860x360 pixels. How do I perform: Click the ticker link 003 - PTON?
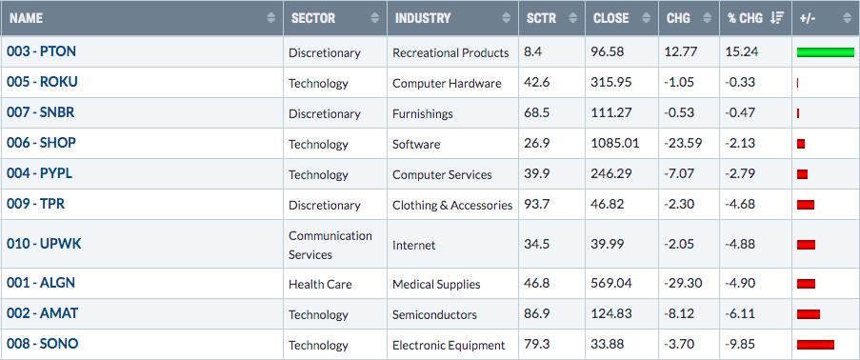click(41, 51)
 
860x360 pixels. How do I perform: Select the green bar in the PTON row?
click(826, 52)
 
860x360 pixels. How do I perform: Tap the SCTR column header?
click(540, 18)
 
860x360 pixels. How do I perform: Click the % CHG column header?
click(746, 18)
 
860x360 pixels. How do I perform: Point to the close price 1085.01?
click(615, 144)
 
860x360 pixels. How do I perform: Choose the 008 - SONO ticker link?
click(42, 344)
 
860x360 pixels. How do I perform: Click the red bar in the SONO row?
click(815, 345)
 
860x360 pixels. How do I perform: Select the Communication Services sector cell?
click(330, 245)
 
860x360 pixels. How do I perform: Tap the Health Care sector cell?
click(320, 284)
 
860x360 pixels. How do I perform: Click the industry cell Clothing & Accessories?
click(452, 206)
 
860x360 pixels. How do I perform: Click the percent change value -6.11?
click(739, 314)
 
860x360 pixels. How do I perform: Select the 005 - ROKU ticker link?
click(42, 82)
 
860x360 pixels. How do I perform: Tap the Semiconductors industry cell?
click(434, 315)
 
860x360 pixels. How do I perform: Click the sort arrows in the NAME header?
click(270, 18)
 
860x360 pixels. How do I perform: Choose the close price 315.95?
click(611, 82)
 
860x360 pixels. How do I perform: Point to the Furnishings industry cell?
click(422, 114)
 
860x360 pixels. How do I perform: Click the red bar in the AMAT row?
click(809, 314)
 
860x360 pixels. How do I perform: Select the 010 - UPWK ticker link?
click(44, 244)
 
